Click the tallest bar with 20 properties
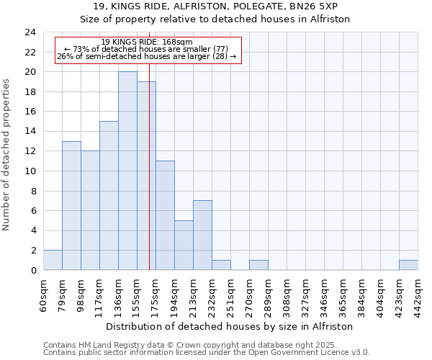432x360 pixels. (x=127, y=171)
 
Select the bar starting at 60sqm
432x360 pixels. (x=53, y=260)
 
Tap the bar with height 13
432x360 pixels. (x=71, y=205)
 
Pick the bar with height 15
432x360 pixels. (x=109, y=195)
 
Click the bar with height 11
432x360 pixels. (x=165, y=215)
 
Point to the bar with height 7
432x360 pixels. (x=202, y=235)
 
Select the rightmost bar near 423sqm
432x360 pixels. (x=408, y=265)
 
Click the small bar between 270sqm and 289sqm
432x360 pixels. (x=258, y=265)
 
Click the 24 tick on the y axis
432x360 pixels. (x=30, y=32)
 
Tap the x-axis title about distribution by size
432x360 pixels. (x=230, y=326)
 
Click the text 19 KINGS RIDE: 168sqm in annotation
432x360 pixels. (x=147, y=42)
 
